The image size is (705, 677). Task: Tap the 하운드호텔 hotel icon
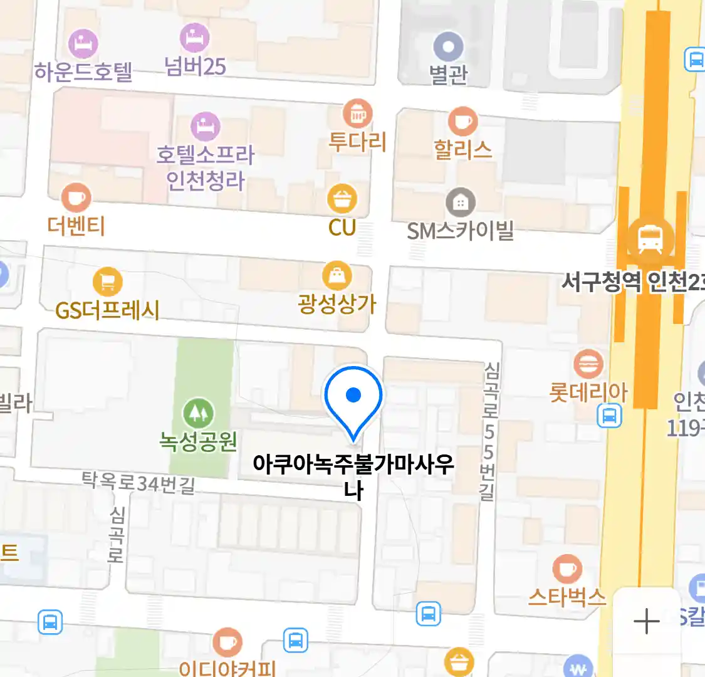[83, 43]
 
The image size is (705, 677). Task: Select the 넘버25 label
[195, 66]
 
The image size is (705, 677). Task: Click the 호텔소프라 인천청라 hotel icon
[205, 127]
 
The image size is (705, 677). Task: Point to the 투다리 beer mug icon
[357, 114]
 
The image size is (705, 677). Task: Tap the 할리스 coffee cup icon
[462, 121]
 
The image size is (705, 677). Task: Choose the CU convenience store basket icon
[342, 199]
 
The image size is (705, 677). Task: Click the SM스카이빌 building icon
[461, 202]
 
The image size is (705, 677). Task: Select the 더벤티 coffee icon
[76, 197]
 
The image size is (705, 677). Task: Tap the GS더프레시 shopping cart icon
[107, 282]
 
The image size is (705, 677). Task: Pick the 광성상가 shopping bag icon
[337, 276]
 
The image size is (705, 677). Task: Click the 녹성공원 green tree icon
[198, 413]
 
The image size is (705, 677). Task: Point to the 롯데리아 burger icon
[588, 364]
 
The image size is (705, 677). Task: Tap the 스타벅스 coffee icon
[567, 569]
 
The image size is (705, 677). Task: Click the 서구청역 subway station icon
[650, 238]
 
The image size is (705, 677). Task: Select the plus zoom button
[646, 621]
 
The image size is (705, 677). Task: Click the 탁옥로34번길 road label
[138, 483]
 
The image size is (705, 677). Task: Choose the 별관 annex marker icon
[449, 47]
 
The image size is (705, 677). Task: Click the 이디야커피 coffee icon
[227, 643]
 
